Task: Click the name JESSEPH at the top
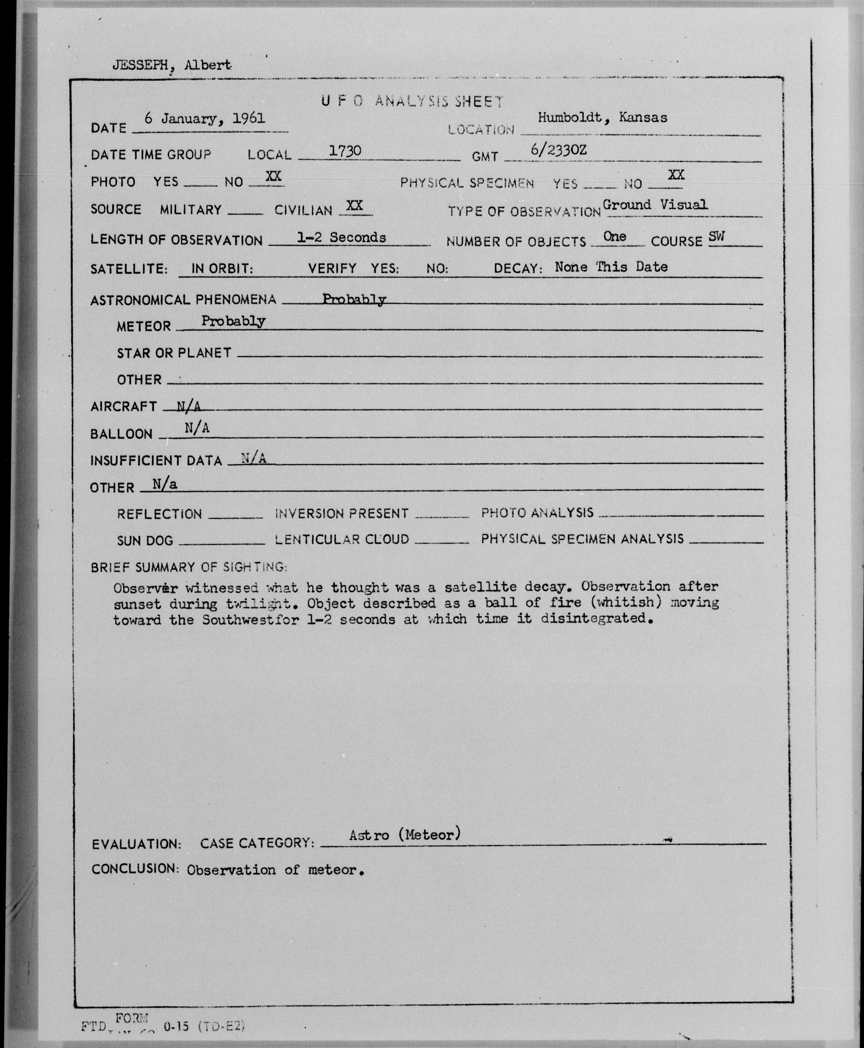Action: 140,65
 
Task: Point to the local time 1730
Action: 345,151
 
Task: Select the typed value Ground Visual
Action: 655,205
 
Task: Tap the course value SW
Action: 717,236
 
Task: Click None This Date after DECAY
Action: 611,267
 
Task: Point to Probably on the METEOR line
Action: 233,321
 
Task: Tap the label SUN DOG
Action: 145,540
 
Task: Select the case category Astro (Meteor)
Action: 405,834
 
